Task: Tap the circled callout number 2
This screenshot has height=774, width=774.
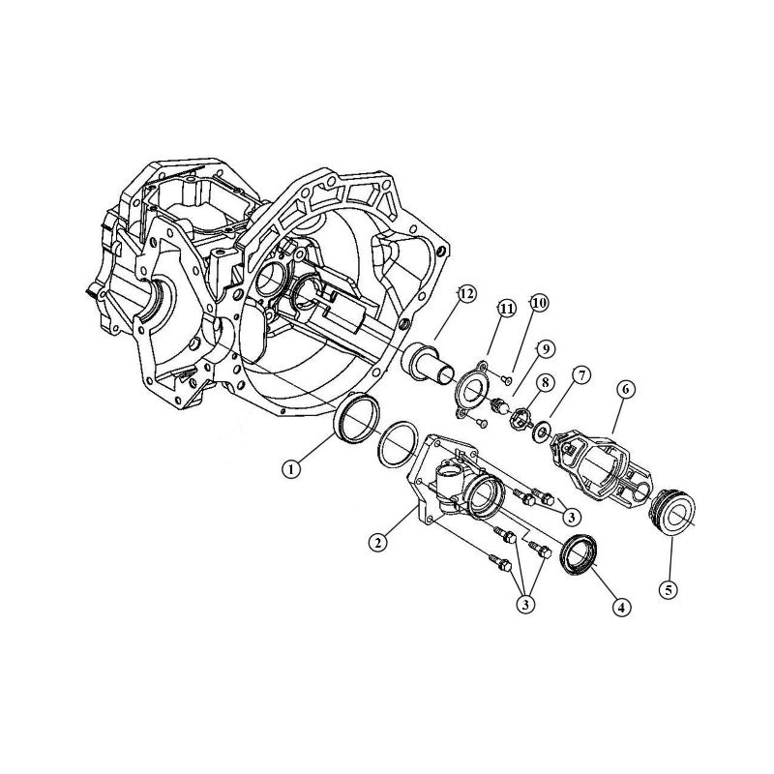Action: (378, 543)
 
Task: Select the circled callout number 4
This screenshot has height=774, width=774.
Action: (622, 607)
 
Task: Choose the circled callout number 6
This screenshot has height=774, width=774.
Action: (626, 389)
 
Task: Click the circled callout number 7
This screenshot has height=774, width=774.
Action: (580, 373)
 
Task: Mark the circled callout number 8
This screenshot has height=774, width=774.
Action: (546, 383)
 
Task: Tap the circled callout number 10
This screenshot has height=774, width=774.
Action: (538, 304)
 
